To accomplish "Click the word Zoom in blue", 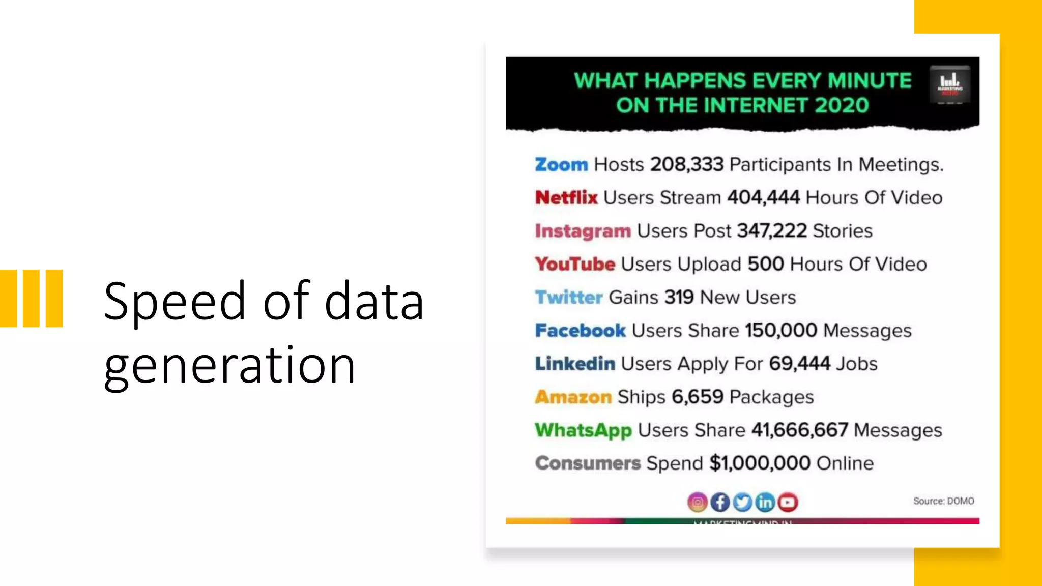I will click(x=561, y=165).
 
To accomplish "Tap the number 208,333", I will click(x=687, y=165).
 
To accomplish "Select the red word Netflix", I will click(x=566, y=198).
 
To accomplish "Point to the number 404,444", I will click(x=763, y=198).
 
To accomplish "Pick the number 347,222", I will click(x=772, y=231).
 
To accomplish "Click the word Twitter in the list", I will click(x=569, y=298).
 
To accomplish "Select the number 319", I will click(x=679, y=297).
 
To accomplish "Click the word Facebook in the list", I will click(x=580, y=331).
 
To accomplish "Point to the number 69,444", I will click(x=799, y=364).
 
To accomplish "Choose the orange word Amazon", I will click(x=573, y=397).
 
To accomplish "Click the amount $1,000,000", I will click(x=760, y=463).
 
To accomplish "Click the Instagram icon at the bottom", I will click(x=698, y=503).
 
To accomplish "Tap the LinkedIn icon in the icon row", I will click(x=765, y=503).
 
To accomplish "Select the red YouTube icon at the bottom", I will click(x=788, y=503).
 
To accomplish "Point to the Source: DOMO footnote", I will click(x=943, y=501).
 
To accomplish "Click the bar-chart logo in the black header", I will click(x=949, y=84).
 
